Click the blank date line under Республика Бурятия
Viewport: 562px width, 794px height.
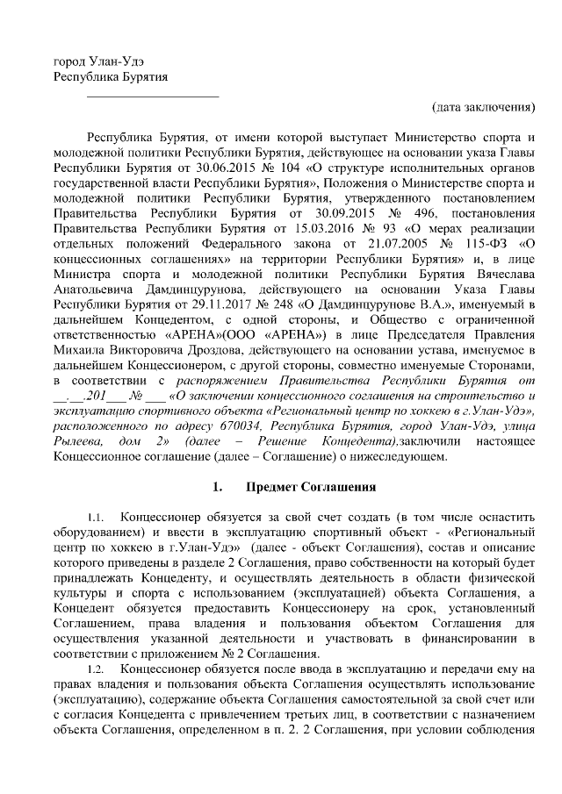click(153, 95)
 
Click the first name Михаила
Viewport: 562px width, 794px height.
click(78, 347)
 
